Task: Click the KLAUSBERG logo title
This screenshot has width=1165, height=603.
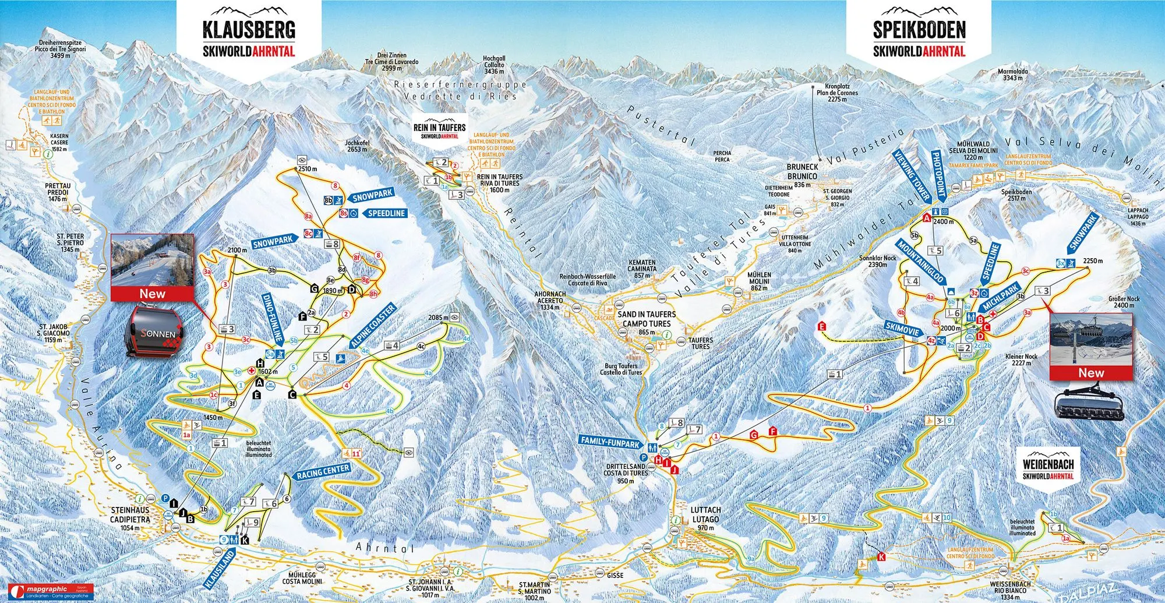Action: point(249,30)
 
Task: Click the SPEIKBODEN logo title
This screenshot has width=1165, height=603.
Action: point(919,30)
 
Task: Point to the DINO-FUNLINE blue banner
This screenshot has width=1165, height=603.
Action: point(273,318)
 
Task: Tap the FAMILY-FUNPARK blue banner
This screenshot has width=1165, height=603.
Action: point(609,442)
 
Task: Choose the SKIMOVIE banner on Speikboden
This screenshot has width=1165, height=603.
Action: point(902,329)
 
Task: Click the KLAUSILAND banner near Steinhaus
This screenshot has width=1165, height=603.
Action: point(220,569)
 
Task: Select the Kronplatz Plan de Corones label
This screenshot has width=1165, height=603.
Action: point(837,93)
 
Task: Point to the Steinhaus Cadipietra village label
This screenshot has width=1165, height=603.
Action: point(130,518)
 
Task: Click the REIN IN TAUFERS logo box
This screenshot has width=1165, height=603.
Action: point(440,131)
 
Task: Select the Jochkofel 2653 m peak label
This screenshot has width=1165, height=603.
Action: point(356,146)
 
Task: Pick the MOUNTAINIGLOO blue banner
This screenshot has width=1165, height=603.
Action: point(920,262)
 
